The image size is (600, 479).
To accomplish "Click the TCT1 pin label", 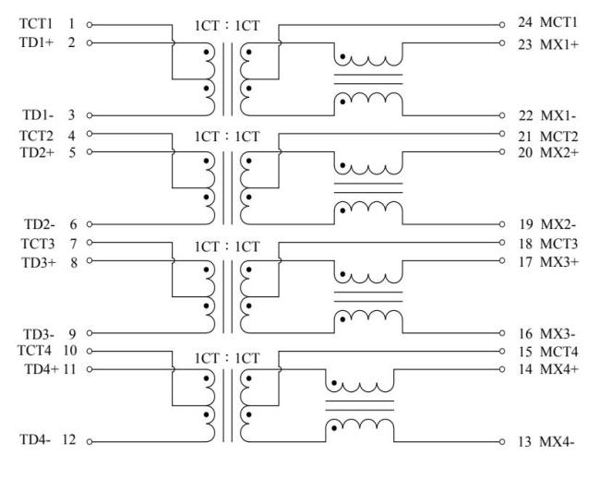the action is click(36, 24).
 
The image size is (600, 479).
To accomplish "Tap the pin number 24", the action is click(525, 22).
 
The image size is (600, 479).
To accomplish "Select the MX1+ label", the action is click(558, 45).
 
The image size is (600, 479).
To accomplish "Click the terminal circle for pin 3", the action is click(90, 115).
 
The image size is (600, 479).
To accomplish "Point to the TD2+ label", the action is click(37, 152).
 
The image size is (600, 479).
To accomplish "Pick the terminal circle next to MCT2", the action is click(502, 134).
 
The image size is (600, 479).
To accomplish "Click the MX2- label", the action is click(558, 224).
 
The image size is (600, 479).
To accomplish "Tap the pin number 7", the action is click(73, 244).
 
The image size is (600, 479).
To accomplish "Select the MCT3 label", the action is click(558, 244).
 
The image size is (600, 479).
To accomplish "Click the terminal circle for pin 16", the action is click(502, 333).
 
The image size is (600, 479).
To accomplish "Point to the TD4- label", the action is click(35, 439).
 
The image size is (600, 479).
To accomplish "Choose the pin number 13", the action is click(524, 442).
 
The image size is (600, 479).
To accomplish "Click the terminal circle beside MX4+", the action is click(502, 369).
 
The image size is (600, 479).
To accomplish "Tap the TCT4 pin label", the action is click(34, 351).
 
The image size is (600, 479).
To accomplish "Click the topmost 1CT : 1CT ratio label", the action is click(227, 26).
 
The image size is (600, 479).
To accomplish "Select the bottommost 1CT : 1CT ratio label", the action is click(227, 358).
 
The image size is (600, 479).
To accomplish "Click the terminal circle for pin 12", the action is click(90, 442).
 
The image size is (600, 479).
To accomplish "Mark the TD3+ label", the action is click(39, 263).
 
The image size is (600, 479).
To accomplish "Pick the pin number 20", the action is click(525, 152).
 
